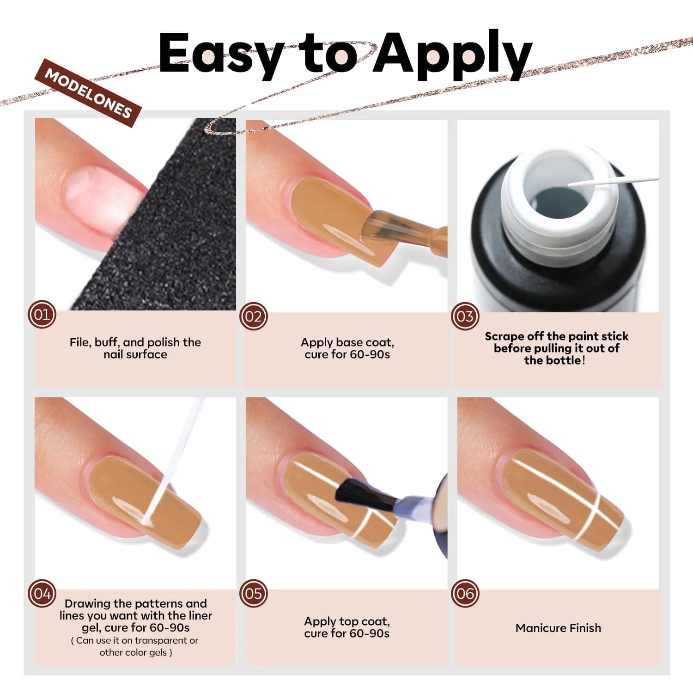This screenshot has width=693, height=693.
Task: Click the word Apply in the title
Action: pyautogui.click(x=453, y=54)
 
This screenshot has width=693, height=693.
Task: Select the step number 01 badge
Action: pyautogui.click(x=42, y=315)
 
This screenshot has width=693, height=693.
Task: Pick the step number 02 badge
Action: pyautogui.click(x=253, y=316)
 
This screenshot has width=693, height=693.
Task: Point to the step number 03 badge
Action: pyautogui.click(x=465, y=316)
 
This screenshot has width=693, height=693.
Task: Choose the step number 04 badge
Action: pyautogui.click(x=42, y=593)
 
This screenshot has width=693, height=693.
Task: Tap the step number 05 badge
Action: pyautogui.click(x=253, y=593)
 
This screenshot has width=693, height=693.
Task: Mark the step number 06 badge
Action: pyautogui.click(x=465, y=593)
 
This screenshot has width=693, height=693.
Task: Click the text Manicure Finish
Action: pyautogui.click(x=558, y=628)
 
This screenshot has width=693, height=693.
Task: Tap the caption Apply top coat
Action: pyautogui.click(x=347, y=621)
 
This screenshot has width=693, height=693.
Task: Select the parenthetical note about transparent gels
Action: pyautogui.click(x=135, y=646)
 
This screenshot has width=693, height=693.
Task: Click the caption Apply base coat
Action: pyautogui.click(x=347, y=342)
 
